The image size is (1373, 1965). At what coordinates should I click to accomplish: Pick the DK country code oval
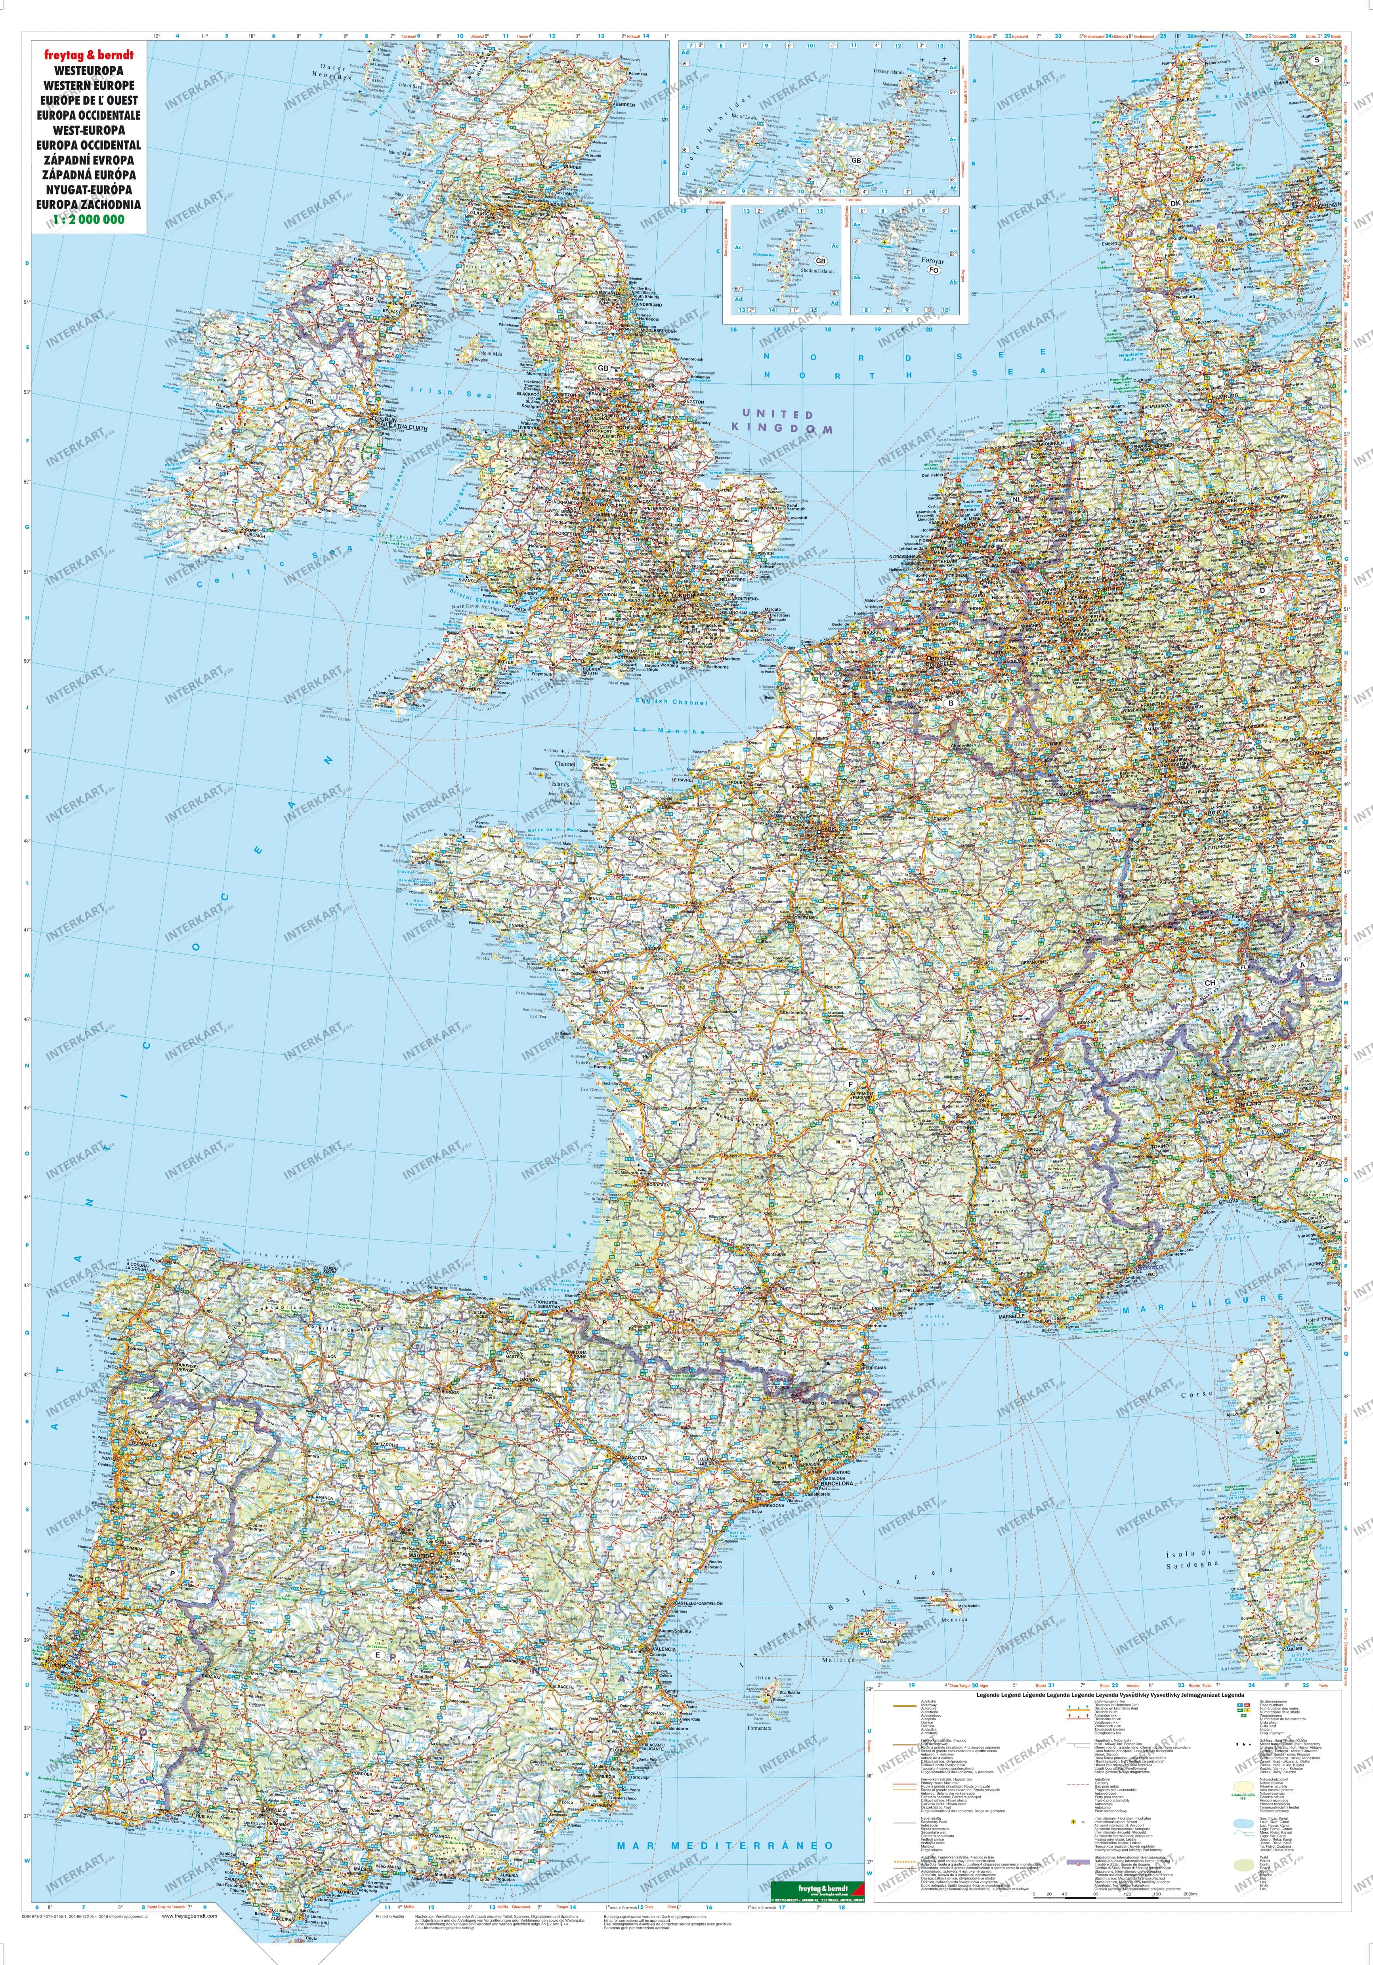pos(1174,203)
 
